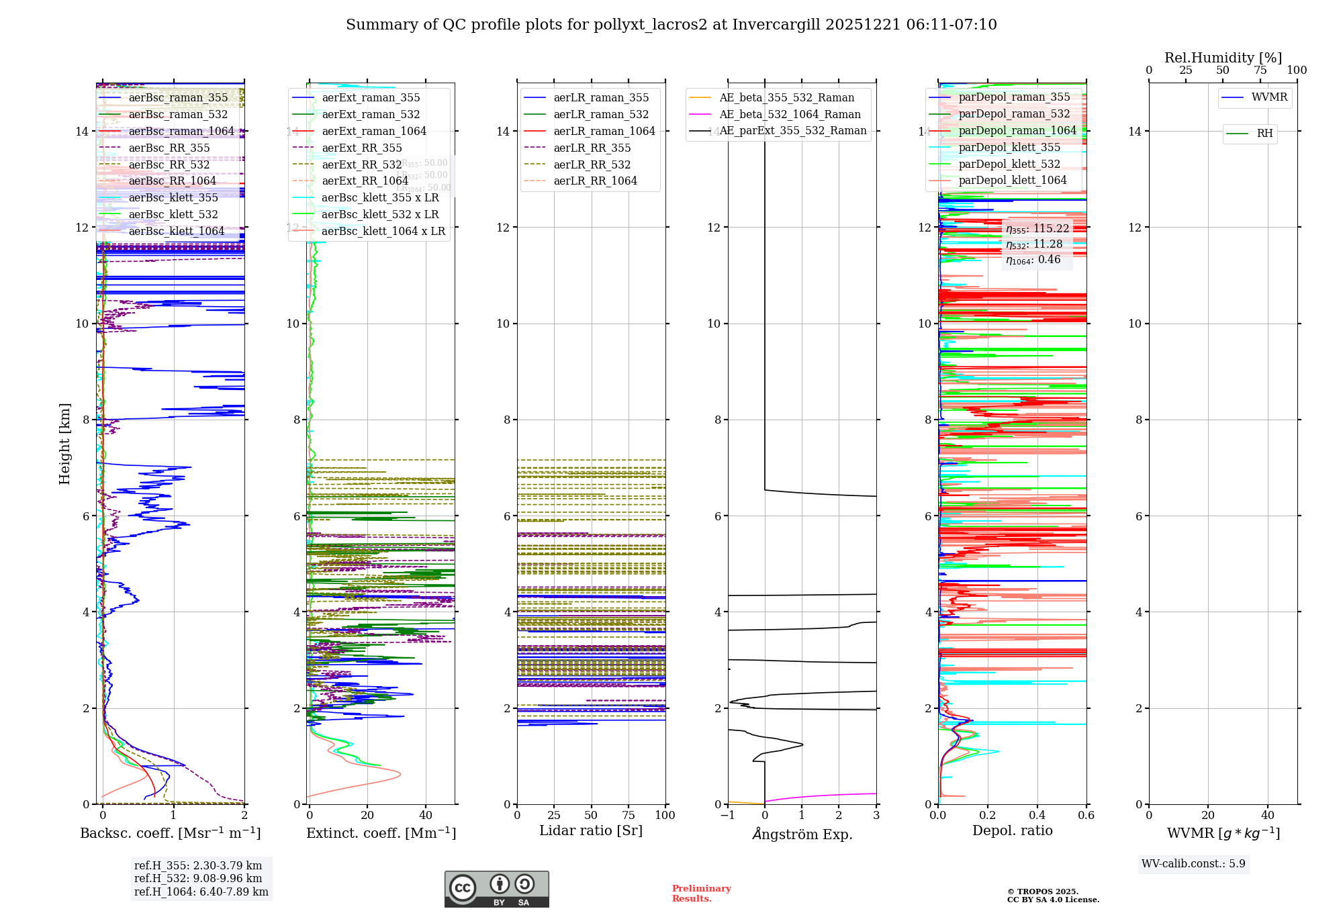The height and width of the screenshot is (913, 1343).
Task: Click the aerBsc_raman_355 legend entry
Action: [x=178, y=98]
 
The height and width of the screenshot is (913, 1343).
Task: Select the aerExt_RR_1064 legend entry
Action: [x=365, y=181]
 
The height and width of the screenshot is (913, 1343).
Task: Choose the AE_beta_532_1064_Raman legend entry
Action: [x=789, y=115]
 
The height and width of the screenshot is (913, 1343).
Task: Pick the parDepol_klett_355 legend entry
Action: [x=1009, y=148]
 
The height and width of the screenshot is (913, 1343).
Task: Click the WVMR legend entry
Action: [x=1269, y=97]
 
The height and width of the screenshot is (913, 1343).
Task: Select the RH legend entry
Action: [x=1264, y=134]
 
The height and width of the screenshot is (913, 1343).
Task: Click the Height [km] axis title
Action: [x=64, y=444]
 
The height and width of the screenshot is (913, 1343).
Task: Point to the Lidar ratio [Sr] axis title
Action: [x=591, y=831]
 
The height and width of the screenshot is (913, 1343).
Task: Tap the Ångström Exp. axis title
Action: [x=802, y=834]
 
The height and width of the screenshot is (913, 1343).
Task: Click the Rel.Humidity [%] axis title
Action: [x=1223, y=58]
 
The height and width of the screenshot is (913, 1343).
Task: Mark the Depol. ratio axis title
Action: [x=1012, y=831]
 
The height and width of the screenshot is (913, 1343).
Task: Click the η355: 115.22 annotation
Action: [x=1037, y=229]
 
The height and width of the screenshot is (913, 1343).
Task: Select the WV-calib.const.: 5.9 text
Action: [x=1193, y=864]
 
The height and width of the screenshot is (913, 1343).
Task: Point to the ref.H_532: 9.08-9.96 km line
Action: [x=198, y=879]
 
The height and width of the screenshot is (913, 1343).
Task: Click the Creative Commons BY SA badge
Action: [x=496, y=890]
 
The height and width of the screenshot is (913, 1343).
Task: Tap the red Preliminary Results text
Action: [x=701, y=894]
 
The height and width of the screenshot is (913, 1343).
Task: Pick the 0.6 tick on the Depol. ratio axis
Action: [x=1086, y=816]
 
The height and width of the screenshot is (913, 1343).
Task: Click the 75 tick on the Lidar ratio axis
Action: [x=629, y=816]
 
